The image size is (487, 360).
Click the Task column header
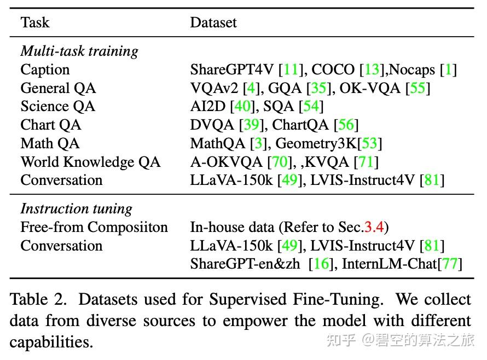[x=34, y=22]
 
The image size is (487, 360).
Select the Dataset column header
[x=213, y=22]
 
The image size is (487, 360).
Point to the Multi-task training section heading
[x=79, y=51]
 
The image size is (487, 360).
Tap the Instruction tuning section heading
[x=76, y=209]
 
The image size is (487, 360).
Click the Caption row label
[x=45, y=70]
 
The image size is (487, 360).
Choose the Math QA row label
[x=50, y=143]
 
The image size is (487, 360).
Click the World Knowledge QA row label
[x=90, y=162]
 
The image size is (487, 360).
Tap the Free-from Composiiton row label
[x=94, y=228]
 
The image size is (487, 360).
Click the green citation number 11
[x=291, y=70]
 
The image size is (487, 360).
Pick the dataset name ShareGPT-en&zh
[x=245, y=264]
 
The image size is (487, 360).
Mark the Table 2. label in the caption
[x=39, y=300]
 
